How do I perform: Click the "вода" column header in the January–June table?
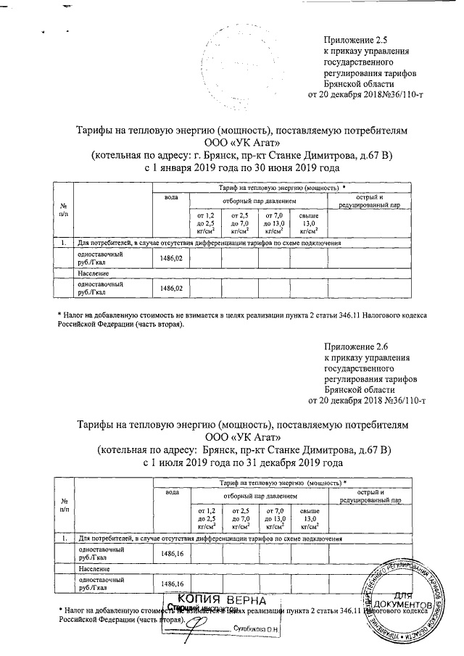(171, 197)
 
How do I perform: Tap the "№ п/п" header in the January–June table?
(64, 211)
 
